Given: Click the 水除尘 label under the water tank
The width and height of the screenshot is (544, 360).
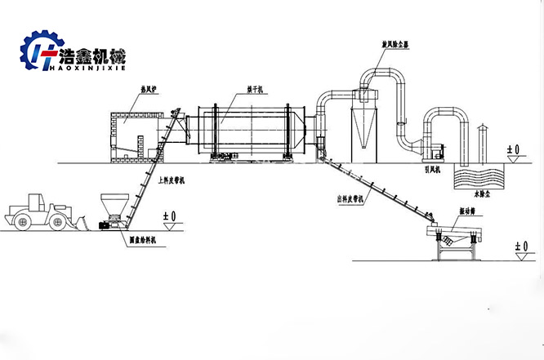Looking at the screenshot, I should click(x=484, y=195).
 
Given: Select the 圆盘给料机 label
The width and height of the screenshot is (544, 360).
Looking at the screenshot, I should click(x=144, y=240).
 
